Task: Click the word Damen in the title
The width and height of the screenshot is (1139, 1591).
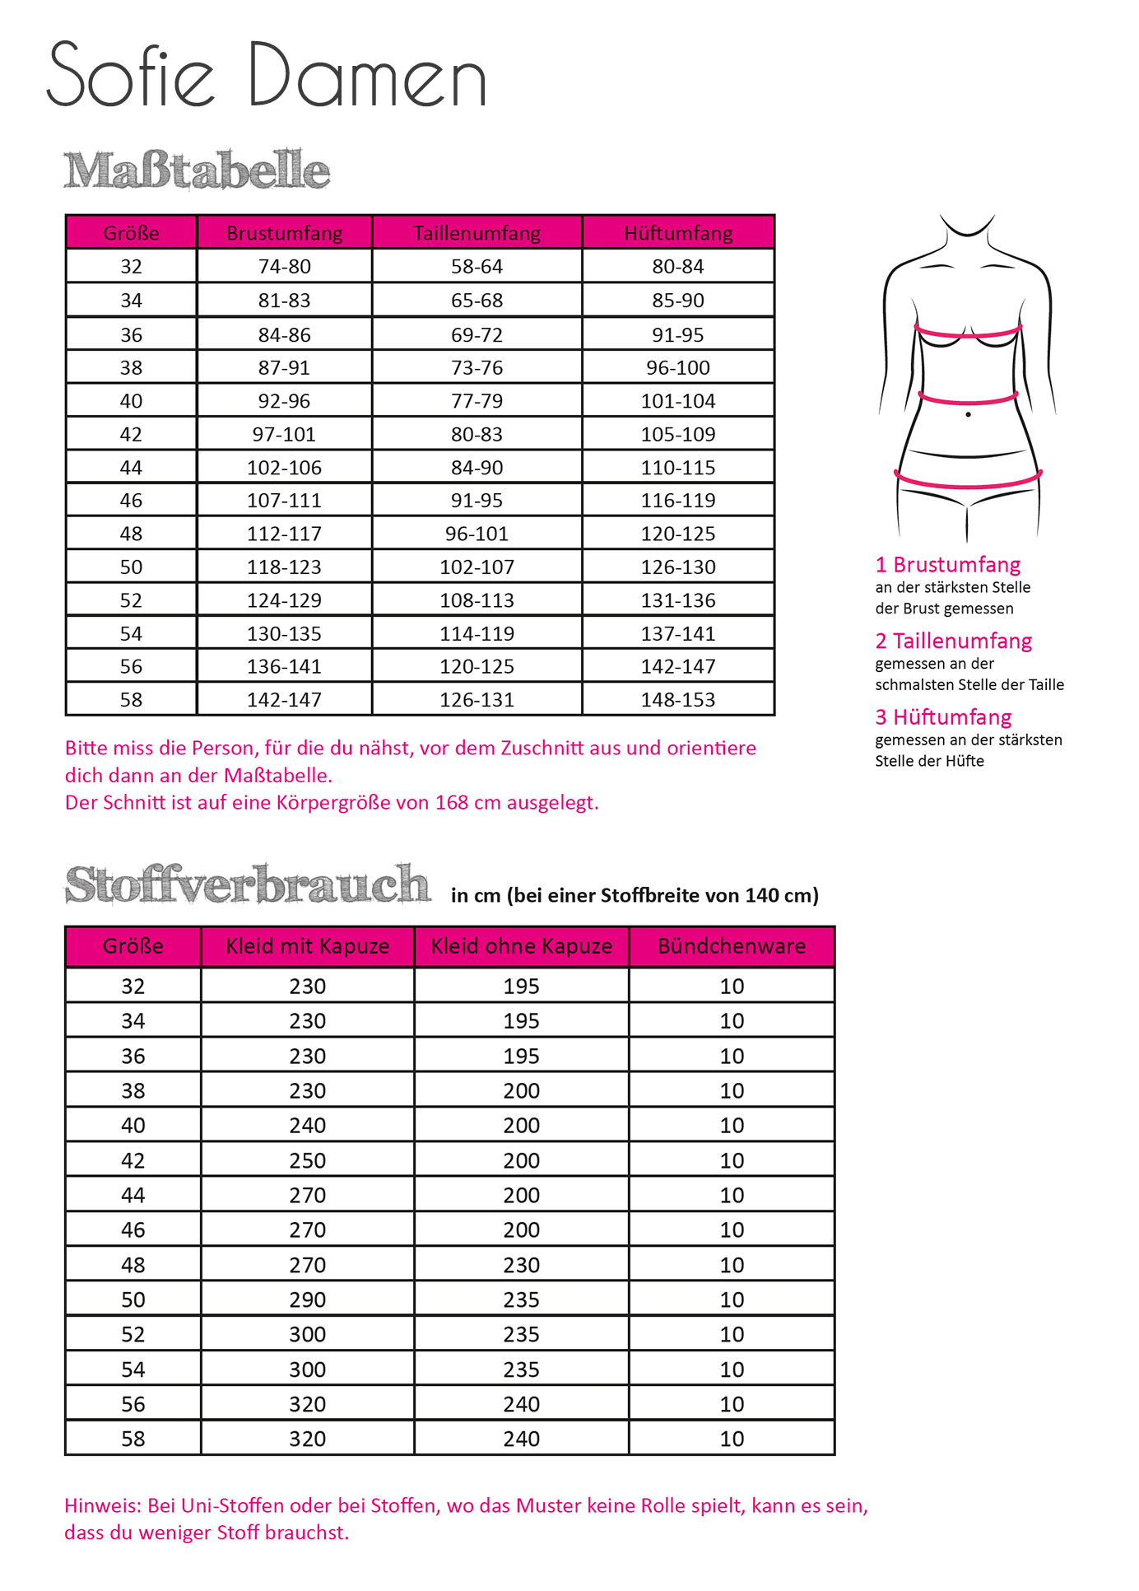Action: pyautogui.click(x=366, y=76)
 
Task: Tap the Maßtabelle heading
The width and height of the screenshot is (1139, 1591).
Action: pyautogui.click(x=197, y=170)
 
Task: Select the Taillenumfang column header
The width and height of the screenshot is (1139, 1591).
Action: pyautogui.click(x=477, y=233)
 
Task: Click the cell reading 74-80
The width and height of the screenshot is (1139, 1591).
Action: pyautogui.click(x=284, y=267)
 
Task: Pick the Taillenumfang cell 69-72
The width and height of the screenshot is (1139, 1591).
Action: pyautogui.click(x=477, y=335)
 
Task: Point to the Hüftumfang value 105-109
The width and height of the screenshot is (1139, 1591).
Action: pyautogui.click(x=678, y=434)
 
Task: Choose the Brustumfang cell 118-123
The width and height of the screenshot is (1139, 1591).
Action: pyautogui.click(x=284, y=567)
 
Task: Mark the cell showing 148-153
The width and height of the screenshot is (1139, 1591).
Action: pyautogui.click(x=678, y=700)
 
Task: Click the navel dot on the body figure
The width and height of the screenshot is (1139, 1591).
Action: pyautogui.click(x=968, y=414)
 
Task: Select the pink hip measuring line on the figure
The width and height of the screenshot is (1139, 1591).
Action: pyautogui.click(x=968, y=484)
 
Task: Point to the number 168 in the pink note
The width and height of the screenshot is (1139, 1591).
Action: pyautogui.click(x=452, y=802)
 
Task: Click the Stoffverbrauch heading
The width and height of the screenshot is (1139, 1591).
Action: pyautogui.click(x=247, y=885)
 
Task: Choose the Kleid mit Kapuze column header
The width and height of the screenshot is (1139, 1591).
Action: pyautogui.click(x=307, y=946)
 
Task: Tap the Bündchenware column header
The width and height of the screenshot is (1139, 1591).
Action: pyautogui.click(x=732, y=946)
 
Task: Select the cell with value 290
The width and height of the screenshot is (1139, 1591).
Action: pyautogui.click(x=307, y=1299)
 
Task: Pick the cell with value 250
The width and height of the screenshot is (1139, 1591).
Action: pyautogui.click(x=307, y=1160)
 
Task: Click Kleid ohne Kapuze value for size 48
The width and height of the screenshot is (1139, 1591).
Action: pyautogui.click(x=521, y=1265)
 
